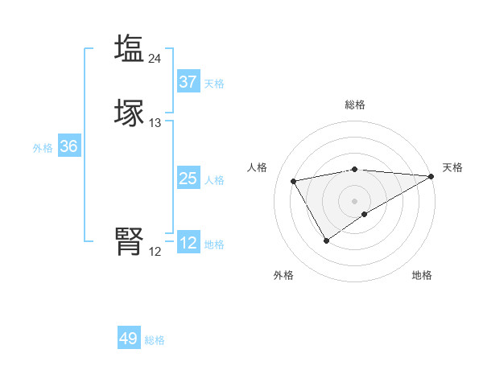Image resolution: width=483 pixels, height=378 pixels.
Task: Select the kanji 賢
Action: pos(129,241)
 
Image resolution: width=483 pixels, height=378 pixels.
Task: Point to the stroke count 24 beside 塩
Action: pos(155,58)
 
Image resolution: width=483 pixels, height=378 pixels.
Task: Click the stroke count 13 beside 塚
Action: pos(155,123)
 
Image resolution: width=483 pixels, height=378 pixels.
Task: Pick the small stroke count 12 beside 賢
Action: pos(155,252)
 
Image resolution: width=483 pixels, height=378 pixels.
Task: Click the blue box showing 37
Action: pos(188,81)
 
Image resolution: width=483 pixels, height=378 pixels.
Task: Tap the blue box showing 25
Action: pos(188,179)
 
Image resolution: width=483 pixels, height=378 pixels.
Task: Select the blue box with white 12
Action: pos(188,242)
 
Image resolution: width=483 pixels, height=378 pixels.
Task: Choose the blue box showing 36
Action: pos(68,146)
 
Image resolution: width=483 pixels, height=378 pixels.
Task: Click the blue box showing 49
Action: pos(128,339)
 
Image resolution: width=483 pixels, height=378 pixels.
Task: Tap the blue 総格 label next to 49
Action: pos(155,340)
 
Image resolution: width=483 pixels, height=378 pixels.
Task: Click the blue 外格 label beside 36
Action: pos(43,148)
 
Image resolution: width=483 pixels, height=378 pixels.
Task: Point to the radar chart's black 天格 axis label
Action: pos(452,167)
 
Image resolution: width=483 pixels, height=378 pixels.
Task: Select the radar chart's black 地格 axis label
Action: pos(422,275)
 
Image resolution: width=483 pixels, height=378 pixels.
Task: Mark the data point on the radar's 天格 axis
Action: pos(431,176)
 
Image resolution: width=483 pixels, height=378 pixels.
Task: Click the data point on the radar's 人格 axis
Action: pos(294,180)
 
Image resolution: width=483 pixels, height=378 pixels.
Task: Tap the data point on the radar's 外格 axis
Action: pos(326,240)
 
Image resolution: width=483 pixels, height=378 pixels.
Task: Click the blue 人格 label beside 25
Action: pos(215,180)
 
